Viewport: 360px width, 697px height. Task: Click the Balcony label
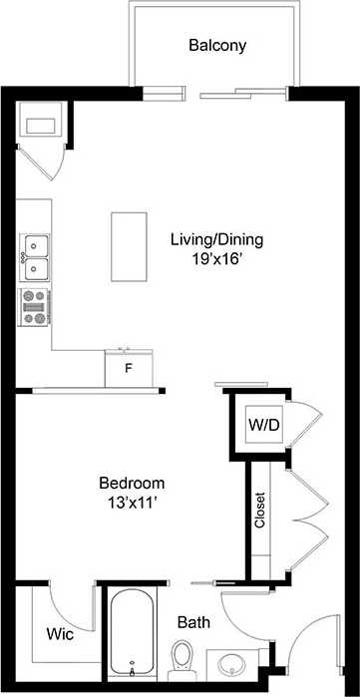tap(217, 45)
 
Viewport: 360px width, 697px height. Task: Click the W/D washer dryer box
tap(264, 426)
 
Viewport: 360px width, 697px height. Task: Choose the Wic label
tap(57, 633)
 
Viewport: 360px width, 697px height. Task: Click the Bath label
tap(192, 622)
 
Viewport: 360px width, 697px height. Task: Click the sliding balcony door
tap(243, 97)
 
